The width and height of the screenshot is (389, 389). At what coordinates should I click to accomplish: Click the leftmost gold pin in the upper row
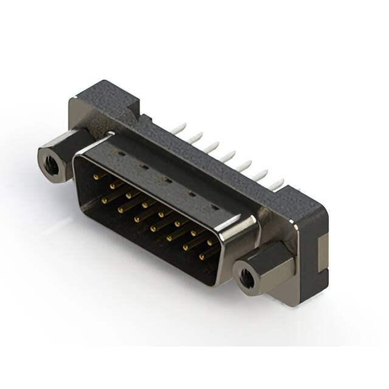coord(96,176)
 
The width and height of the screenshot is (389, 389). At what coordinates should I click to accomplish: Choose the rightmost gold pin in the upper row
coord(210,243)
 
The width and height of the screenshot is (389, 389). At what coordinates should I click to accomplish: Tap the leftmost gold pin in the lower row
coord(104,199)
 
